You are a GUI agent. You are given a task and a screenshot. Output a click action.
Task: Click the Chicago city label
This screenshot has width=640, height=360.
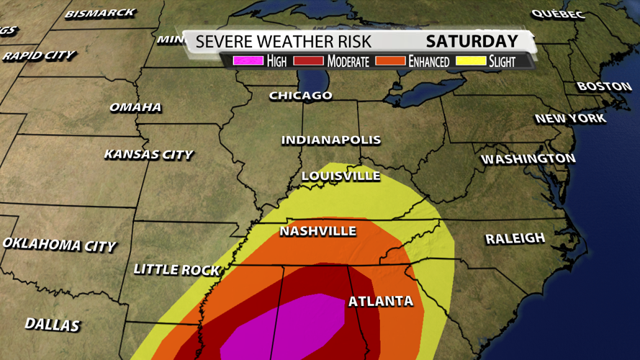(x=301, y=95)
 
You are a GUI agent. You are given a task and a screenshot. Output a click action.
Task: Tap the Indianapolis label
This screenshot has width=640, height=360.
(x=331, y=140)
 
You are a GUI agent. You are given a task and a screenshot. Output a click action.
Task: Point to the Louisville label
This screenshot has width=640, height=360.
(x=341, y=176)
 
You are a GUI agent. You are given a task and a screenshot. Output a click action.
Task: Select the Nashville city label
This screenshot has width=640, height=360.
(x=318, y=231)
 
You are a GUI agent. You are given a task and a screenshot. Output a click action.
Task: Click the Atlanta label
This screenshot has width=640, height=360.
(x=381, y=301)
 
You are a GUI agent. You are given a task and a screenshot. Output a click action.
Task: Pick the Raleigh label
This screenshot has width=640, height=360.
(x=515, y=238)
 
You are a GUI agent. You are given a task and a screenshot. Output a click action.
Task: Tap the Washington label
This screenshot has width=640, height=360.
(x=528, y=158)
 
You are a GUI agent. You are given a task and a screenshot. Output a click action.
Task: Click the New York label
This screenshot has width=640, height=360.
(x=570, y=118)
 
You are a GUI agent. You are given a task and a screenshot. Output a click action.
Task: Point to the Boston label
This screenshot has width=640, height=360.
(x=604, y=86)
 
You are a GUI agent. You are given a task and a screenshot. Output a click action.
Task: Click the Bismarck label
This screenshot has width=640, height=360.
(x=100, y=13)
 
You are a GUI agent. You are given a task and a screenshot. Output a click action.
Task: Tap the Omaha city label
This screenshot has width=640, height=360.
(x=135, y=107)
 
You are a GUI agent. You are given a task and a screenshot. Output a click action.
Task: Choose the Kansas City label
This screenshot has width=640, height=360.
(x=149, y=154)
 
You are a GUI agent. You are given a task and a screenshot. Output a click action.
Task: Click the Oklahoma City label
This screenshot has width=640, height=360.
(x=59, y=245)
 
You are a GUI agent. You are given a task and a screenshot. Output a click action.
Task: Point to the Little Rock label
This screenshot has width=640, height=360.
(x=177, y=270)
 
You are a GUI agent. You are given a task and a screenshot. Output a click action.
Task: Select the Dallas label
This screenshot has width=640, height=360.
(x=52, y=325)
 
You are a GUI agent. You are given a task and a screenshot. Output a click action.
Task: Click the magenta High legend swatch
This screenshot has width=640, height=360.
(x=248, y=61)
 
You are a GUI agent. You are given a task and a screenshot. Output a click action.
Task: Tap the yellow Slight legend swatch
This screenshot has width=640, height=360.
(x=472, y=61)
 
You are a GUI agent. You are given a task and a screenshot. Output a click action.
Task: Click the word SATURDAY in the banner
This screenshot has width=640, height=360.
(x=472, y=41)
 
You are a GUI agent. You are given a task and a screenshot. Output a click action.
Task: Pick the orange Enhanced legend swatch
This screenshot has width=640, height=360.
(x=390, y=61)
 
